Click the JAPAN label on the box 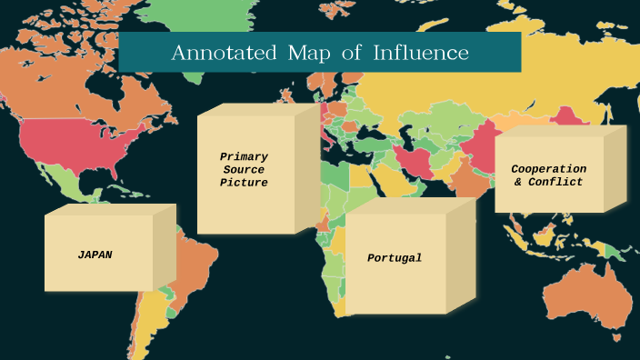point(95,255)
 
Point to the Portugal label point(395,258)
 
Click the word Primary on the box point(244,156)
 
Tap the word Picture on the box point(244,183)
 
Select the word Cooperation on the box point(548,169)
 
